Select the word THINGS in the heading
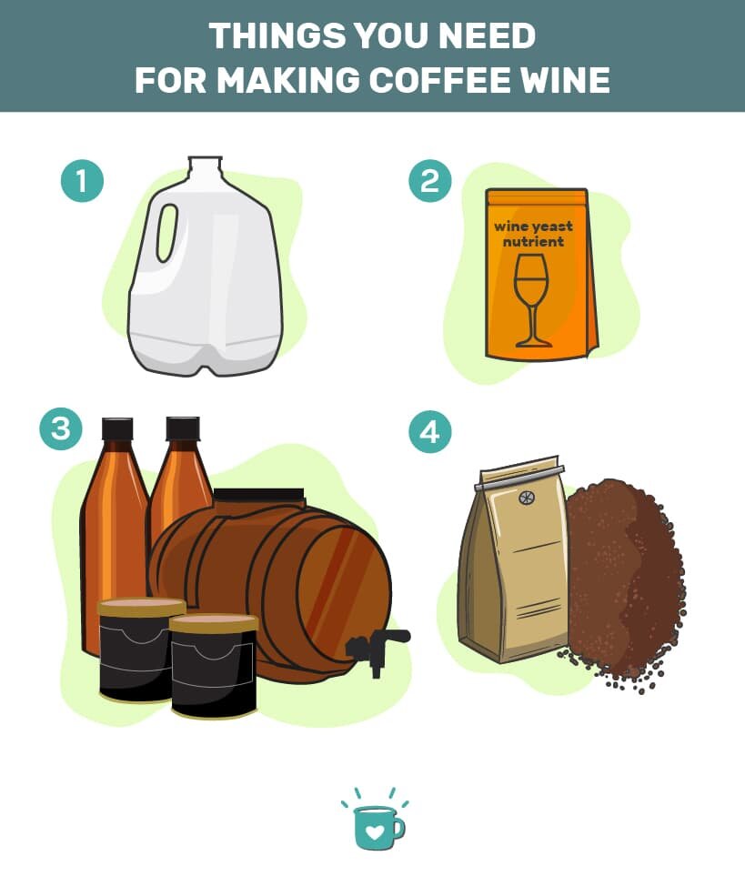click(277, 35)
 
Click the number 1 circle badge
click(82, 181)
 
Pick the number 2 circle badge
click(429, 181)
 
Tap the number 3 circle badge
click(61, 429)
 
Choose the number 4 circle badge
click(429, 431)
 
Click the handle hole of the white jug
click(167, 232)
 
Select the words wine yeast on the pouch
click(533, 227)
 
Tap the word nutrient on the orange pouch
click(533, 242)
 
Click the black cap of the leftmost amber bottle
click(117, 428)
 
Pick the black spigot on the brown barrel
click(378, 648)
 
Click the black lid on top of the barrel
click(259, 495)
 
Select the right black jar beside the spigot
click(214, 666)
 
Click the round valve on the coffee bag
click(526, 497)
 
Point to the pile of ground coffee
click(623, 581)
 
